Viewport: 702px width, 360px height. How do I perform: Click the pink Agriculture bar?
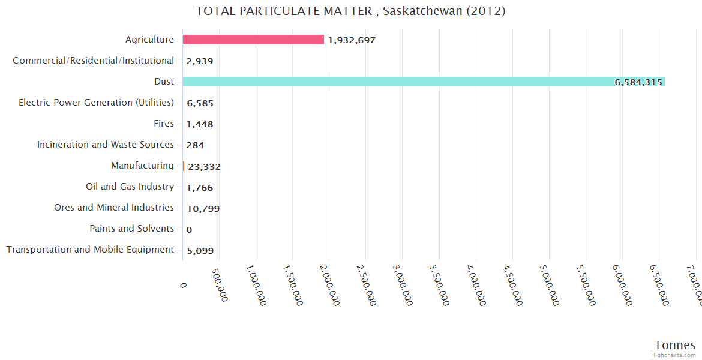point(253,40)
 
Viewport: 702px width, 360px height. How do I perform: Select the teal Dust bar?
point(423,82)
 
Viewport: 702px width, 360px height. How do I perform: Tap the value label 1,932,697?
point(352,40)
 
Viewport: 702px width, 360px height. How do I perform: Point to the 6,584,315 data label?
point(638,82)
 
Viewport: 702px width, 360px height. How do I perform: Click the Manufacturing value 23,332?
point(204,167)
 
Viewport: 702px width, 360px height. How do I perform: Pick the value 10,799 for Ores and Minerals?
point(203,209)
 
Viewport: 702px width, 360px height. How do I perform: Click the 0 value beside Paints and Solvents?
point(189,230)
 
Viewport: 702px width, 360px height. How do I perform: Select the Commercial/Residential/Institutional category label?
point(94,61)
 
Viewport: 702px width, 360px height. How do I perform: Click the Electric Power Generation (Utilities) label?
point(96,103)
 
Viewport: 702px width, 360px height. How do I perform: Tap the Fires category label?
point(164,124)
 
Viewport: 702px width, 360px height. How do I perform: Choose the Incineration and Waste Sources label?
point(106,145)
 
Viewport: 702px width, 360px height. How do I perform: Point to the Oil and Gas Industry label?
point(130,187)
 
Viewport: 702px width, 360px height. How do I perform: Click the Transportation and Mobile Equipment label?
point(90,250)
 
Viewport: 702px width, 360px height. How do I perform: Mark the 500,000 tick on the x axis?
point(220,286)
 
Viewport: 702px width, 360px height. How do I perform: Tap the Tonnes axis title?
point(675,345)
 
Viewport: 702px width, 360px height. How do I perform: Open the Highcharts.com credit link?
point(674,355)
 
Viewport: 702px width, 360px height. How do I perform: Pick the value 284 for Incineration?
point(195,145)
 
